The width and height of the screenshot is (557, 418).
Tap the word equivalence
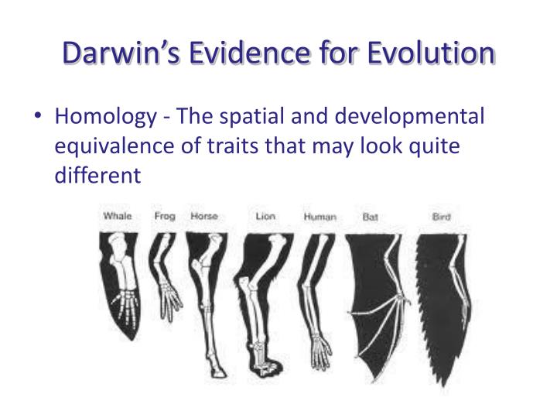click(x=113, y=146)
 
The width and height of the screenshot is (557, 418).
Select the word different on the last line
click(x=98, y=176)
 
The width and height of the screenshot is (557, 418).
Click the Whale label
click(x=117, y=216)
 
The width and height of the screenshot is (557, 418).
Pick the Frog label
click(x=165, y=216)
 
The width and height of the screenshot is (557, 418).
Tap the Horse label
click(x=204, y=216)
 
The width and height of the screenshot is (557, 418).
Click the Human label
click(x=320, y=217)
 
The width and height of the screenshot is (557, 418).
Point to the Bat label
click(x=371, y=217)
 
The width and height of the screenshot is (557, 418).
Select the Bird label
click(x=442, y=217)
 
